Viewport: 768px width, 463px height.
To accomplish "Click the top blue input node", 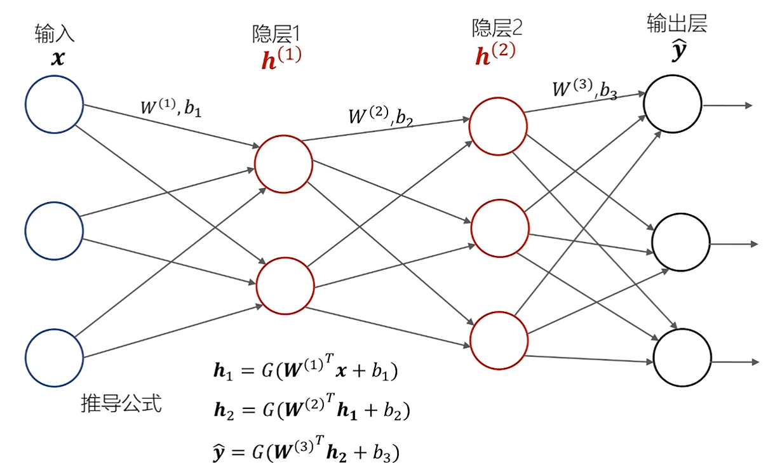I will click(x=55, y=104).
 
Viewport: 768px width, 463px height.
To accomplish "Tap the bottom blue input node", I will click(x=55, y=357).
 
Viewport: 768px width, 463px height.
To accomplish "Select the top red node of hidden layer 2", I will click(x=498, y=125).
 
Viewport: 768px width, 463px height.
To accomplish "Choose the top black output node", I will click(x=673, y=104).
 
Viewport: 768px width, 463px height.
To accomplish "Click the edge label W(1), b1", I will click(x=170, y=107).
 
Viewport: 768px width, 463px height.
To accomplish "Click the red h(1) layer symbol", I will click(x=281, y=58).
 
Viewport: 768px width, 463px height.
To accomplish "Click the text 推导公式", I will click(x=121, y=403).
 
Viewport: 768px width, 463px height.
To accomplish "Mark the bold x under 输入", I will click(x=58, y=59).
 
